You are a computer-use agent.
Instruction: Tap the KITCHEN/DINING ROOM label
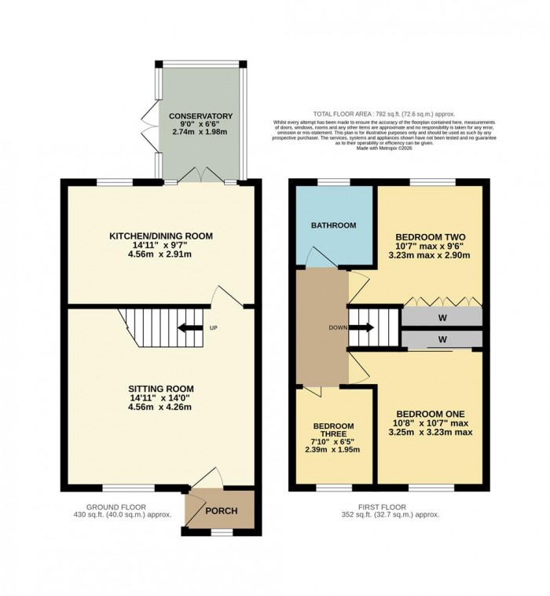pyautogui.click(x=160, y=236)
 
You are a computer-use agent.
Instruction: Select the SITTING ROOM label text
pyautogui.click(x=161, y=389)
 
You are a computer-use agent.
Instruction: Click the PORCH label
pyautogui.click(x=221, y=511)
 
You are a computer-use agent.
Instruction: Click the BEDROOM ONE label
pyautogui.click(x=430, y=414)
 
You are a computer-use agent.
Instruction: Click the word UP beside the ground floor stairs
pyautogui.click(x=213, y=328)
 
